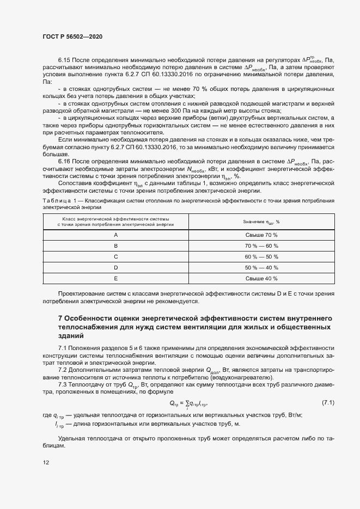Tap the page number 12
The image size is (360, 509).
pos(46,463)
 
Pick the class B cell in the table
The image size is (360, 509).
pos(115,246)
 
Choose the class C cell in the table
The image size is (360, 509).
pos(115,256)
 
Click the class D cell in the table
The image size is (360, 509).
pos(115,267)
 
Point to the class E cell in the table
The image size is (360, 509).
pos(115,278)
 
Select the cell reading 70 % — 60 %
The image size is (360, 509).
pos(261,246)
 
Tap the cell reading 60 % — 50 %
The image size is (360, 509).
pos(261,256)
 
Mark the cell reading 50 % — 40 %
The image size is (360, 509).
pos(261,267)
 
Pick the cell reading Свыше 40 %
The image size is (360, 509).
pos(261,278)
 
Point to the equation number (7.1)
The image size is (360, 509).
pos(328,403)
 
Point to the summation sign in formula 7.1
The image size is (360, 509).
pos(187,403)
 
